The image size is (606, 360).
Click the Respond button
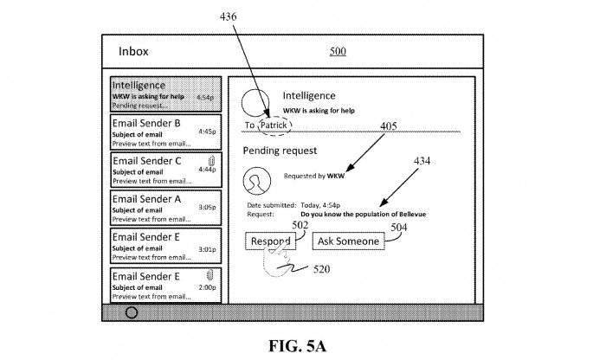click(270, 241)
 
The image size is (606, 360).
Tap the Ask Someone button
click(348, 241)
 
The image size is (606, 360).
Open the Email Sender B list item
click(164, 132)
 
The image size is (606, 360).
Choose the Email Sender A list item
click(164, 206)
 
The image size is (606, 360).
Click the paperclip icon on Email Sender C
click(211, 159)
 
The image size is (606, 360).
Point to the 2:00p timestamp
click(207, 286)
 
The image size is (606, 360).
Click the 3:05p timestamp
click(207, 207)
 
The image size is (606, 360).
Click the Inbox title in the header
click(133, 51)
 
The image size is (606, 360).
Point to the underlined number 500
click(338, 51)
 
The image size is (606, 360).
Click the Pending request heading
click(274, 150)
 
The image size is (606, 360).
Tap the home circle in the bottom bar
click(132, 312)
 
